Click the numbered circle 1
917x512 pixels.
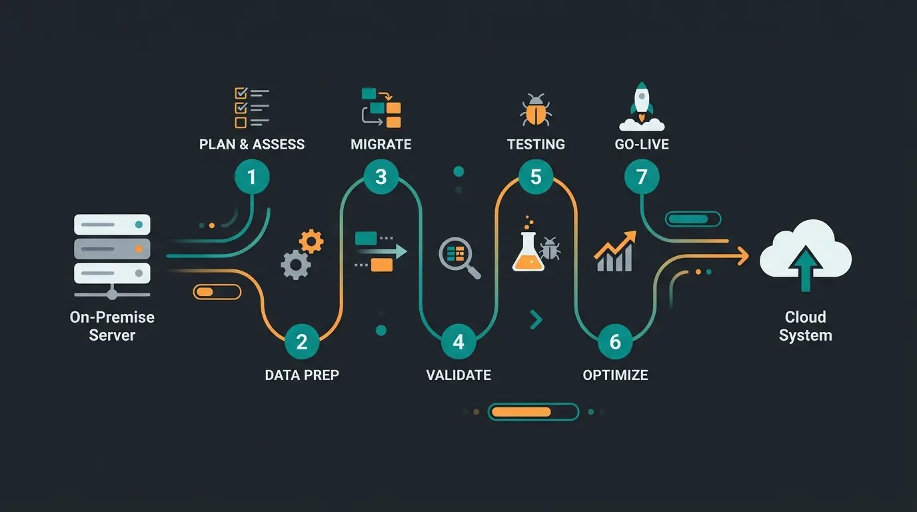252,177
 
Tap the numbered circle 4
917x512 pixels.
458,341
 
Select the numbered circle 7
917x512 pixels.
642,177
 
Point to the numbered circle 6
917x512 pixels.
615,341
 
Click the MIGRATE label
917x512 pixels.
381,144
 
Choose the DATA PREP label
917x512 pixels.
302,375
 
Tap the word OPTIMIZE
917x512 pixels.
615,375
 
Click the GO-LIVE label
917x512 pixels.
642,144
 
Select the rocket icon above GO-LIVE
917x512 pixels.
642,107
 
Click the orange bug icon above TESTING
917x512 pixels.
536,110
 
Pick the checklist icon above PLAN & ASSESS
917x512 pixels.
252,107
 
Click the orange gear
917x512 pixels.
311,241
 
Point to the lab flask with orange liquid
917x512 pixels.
528,251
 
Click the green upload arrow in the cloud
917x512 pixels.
806,268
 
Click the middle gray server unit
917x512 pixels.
112,249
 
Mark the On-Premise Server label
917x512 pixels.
112,326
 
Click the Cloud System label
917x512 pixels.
805,326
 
